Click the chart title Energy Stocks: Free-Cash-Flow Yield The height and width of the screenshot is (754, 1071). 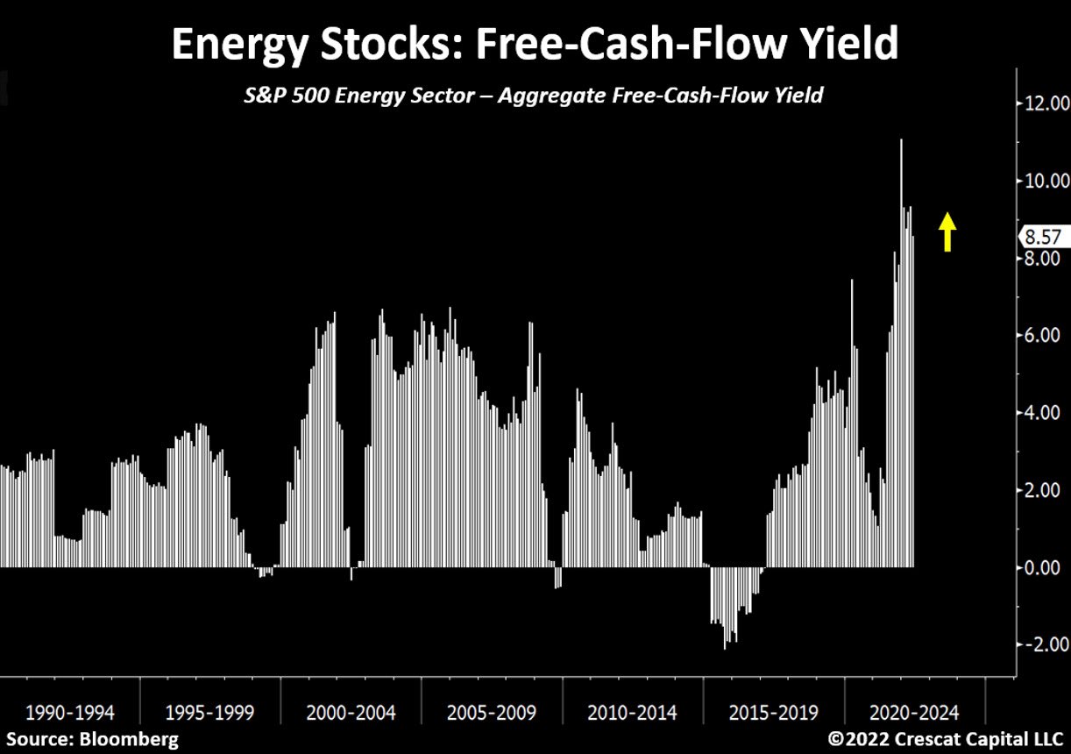pos(535,44)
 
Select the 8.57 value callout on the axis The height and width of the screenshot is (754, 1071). pos(1041,237)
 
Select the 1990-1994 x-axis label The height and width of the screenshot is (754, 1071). pos(70,711)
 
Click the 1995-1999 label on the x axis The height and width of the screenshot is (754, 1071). pos(210,711)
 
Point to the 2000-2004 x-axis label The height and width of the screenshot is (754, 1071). pos(351,711)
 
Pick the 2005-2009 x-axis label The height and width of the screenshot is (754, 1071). pos(492,711)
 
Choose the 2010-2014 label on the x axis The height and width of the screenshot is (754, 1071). pos(632,711)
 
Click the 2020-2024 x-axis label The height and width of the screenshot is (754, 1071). pos(914,711)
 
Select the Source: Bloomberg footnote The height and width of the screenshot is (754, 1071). pos(91,739)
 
